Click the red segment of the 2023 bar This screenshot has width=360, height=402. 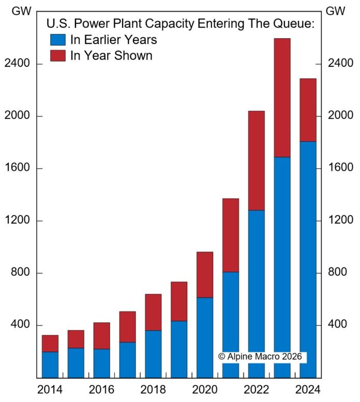tap(282, 97)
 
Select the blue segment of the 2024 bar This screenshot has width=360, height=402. tap(308, 259)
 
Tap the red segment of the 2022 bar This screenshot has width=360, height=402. tap(256, 160)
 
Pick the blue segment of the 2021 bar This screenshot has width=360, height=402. tap(231, 324)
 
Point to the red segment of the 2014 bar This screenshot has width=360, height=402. tap(50, 343)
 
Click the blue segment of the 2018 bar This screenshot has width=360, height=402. tap(153, 354)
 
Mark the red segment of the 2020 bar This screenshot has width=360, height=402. tap(205, 275)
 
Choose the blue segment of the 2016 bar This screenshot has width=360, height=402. tap(102, 363)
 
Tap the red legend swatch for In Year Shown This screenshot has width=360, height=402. tap(57, 55)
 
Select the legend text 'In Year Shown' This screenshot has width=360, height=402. tap(111, 55)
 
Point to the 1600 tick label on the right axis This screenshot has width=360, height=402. tap(340, 168)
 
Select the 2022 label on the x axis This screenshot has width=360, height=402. tap(256, 389)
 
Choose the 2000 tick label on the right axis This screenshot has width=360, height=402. tap(340, 116)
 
